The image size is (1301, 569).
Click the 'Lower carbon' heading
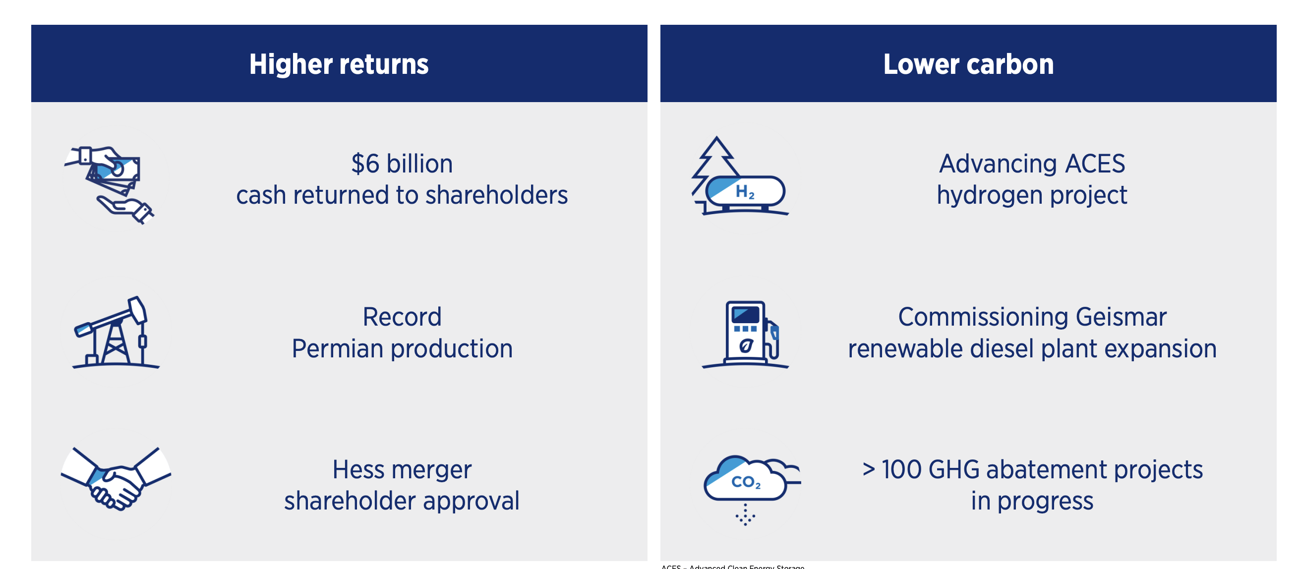(x=968, y=64)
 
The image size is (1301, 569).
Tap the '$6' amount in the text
(x=365, y=164)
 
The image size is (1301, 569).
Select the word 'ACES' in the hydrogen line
(x=1094, y=164)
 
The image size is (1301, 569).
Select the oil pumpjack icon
(x=116, y=333)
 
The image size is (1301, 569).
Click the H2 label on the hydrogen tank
(x=745, y=192)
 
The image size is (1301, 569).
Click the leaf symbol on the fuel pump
(x=746, y=346)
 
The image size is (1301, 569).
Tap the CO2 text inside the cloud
(x=746, y=482)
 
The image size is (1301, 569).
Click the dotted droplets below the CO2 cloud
(x=746, y=515)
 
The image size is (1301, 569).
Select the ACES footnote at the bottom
(x=732, y=567)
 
